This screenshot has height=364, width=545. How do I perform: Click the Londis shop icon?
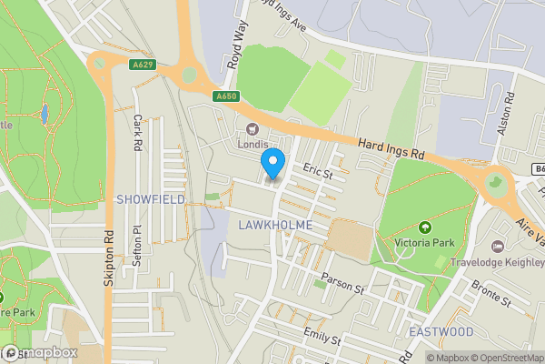tap(252, 128)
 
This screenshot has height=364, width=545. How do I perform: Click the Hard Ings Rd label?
tap(391, 148)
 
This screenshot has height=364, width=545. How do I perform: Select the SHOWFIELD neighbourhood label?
tap(150, 198)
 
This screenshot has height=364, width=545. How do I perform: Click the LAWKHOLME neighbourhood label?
tap(276, 225)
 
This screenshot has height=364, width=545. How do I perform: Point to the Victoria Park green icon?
tap(424, 227)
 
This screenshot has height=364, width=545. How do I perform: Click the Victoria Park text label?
tap(424, 243)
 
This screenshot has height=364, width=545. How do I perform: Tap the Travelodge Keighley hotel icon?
tap(497, 246)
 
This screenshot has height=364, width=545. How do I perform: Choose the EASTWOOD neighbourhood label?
tap(441, 332)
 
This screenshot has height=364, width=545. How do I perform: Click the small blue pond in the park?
tap(44, 114)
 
